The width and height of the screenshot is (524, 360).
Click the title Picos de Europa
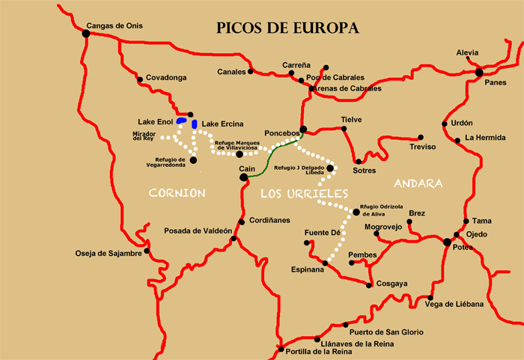(287, 28)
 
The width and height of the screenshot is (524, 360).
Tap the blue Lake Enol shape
(181, 120)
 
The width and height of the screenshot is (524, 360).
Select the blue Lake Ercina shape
(195, 123)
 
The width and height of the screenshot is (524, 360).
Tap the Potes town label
(462, 248)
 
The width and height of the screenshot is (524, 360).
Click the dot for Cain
(243, 178)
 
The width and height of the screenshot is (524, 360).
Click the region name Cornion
(177, 193)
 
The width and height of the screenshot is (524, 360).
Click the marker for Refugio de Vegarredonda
(193, 159)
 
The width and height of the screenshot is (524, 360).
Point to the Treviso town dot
(421, 138)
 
